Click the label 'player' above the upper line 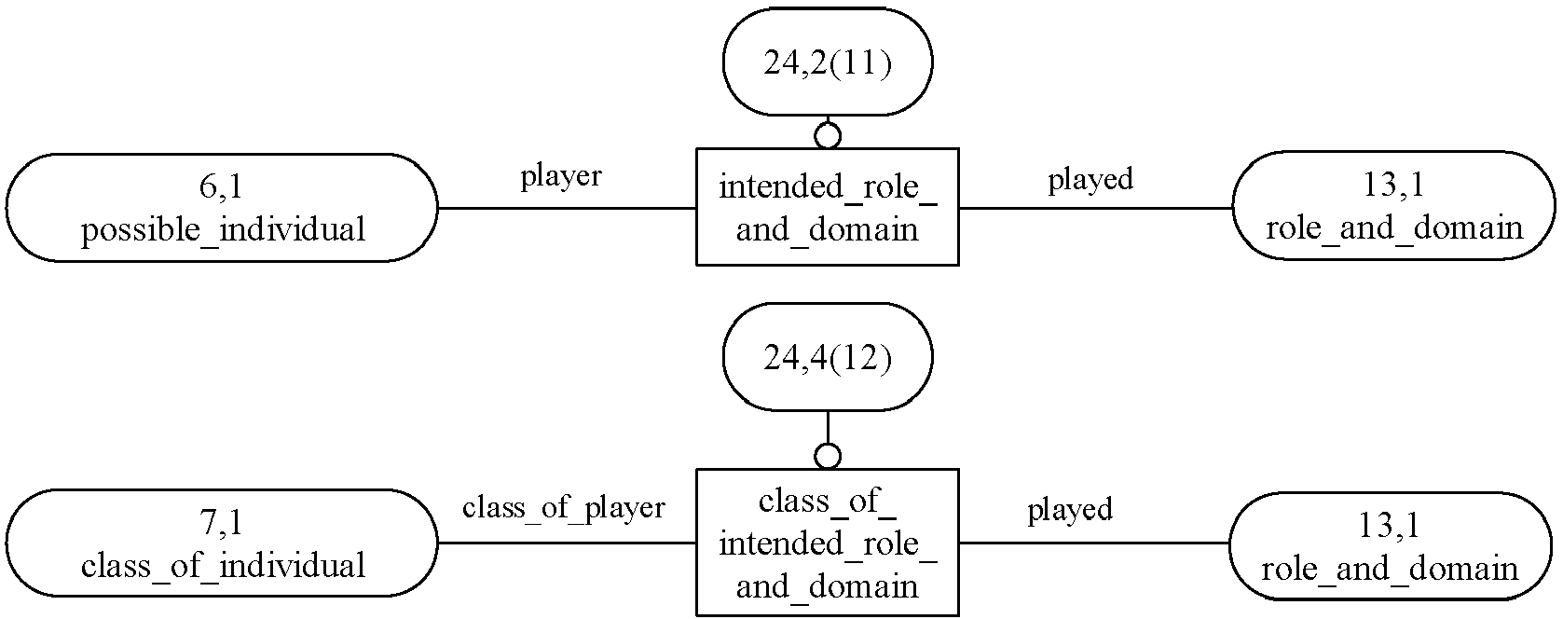(x=561, y=176)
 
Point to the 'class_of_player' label (x=564, y=508)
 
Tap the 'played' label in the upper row (x=1090, y=179)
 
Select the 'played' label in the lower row (x=1070, y=510)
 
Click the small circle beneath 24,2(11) (x=828, y=135)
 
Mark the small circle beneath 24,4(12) (x=828, y=457)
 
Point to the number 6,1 (x=221, y=186)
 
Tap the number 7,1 (x=221, y=522)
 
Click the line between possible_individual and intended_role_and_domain (x=568, y=208)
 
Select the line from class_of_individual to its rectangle (x=568, y=543)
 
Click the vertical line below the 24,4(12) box (x=828, y=427)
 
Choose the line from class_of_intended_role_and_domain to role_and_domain (x=1094, y=543)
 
